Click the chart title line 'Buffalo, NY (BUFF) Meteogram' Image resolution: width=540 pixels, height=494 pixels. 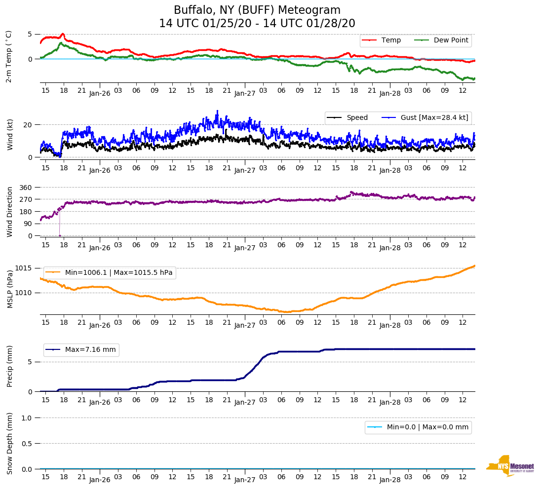pyautogui.click(x=257, y=10)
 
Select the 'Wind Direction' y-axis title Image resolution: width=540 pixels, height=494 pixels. pyautogui.click(x=10, y=212)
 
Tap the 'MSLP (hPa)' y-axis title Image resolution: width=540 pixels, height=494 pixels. pyautogui.click(x=10, y=289)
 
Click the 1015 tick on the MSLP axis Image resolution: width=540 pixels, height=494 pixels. pyautogui.click(x=24, y=268)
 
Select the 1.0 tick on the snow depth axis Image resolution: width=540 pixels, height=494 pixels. pyautogui.click(x=27, y=418)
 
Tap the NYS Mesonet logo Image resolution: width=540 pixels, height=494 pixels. pyautogui.click(x=510, y=466)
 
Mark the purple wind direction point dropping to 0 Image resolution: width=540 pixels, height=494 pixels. pyautogui.click(x=60, y=235)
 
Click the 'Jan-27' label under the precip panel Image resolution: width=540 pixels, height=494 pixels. pyautogui.click(x=244, y=402)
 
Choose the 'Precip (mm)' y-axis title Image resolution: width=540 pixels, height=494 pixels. pyautogui.click(x=10, y=368)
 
